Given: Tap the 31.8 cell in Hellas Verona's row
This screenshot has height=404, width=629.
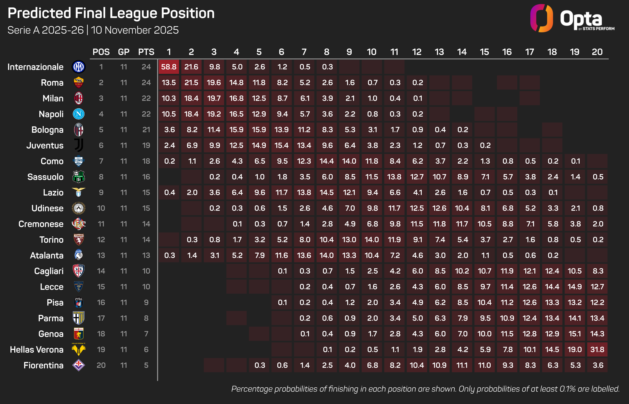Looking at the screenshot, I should [x=597, y=349].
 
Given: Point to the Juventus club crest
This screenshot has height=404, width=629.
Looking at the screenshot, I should [x=79, y=145].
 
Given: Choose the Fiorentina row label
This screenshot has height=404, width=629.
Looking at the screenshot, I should [x=44, y=365].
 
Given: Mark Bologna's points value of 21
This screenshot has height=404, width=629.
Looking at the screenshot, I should [x=146, y=130].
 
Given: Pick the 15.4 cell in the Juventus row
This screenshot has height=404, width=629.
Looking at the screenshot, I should [x=281, y=145].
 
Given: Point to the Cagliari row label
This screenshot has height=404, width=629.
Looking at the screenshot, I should [x=49, y=271].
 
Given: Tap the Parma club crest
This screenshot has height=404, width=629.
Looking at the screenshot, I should [x=79, y=318].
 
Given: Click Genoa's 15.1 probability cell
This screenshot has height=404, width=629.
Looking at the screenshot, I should [x=575, y=334].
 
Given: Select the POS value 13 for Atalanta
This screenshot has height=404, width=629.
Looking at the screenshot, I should [x=101, y=255].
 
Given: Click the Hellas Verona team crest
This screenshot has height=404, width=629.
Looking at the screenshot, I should [x=79, y=349].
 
